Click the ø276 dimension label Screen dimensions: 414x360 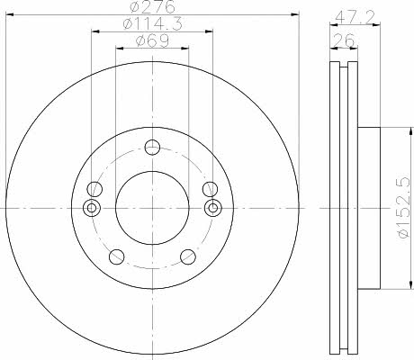coord(153,6)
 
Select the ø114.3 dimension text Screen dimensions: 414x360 coord(152,23)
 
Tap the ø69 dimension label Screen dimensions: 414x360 coord(152,40)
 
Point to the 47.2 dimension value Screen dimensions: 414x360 coord(355,18)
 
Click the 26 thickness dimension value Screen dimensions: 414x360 coord(344,40)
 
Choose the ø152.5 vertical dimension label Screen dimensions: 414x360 coord(403,208)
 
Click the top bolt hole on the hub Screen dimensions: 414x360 coord(152,147)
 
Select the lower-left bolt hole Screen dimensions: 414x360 coord(117,256)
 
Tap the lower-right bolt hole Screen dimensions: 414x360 coord(188,256)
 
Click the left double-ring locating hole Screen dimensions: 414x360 coord(92,208)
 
